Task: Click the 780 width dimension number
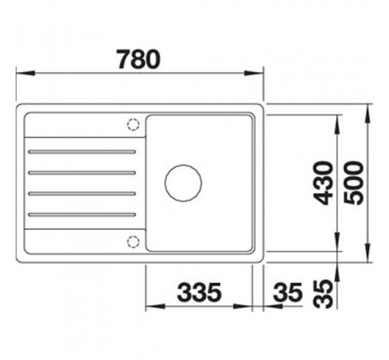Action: [x=139, y=59]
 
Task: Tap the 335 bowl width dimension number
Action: [x=199, y=292]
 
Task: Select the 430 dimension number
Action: [x=323, y=183]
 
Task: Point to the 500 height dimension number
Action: [x=354, y=183]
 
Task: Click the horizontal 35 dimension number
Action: [x=288, y=292]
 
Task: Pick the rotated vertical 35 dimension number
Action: [x=323, y=294]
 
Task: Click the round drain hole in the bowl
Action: [x=183, y=183]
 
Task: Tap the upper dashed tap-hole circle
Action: [x=133, y=125]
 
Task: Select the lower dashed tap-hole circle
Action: [x=133, y=241]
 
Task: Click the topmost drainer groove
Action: [x=82, y=151]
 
